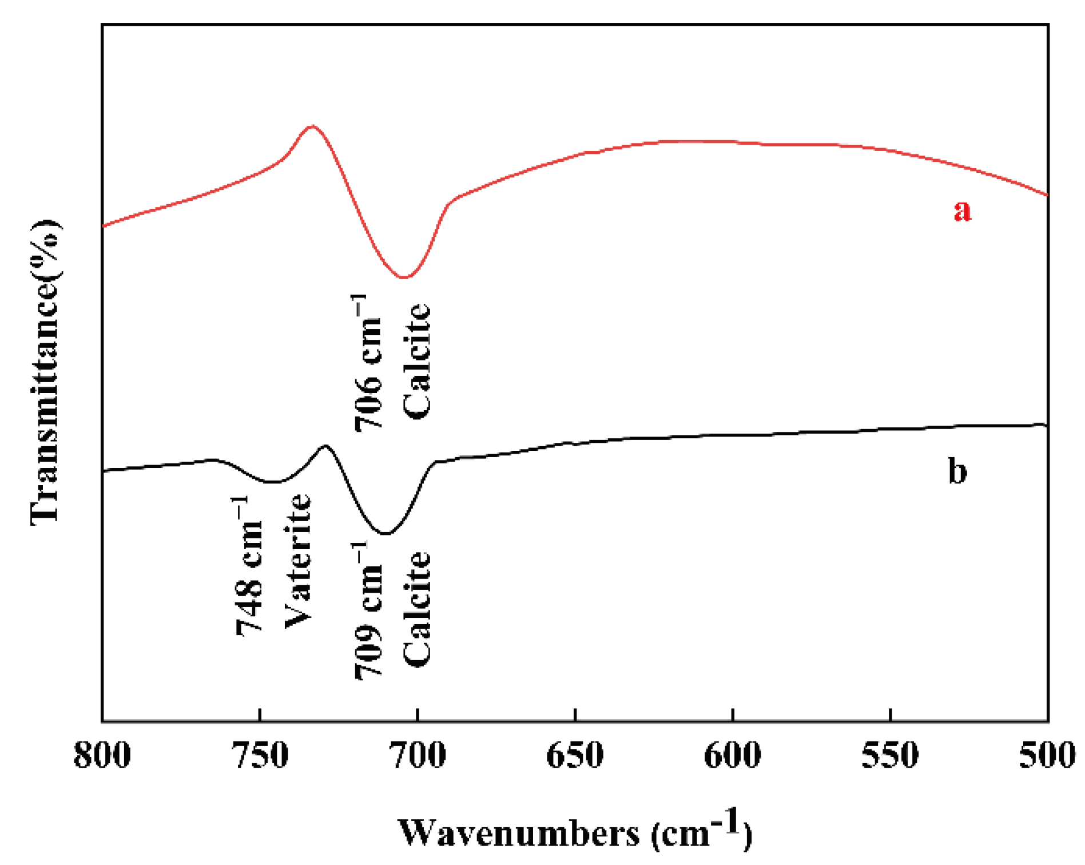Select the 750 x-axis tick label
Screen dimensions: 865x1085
(260, 755)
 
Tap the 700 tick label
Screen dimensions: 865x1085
(418, 755)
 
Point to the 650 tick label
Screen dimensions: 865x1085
(575, 755)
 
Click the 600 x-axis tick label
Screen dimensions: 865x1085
(732, 755)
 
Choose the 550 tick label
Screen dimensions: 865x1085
(890, 755)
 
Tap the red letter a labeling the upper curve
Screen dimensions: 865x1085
(962, 210)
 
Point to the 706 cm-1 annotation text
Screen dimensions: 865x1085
(367, 363)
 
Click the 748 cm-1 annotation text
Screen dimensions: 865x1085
(249, 566)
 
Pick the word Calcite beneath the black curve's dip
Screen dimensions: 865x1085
(416, 609)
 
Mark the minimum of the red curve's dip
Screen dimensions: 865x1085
(404, 277)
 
